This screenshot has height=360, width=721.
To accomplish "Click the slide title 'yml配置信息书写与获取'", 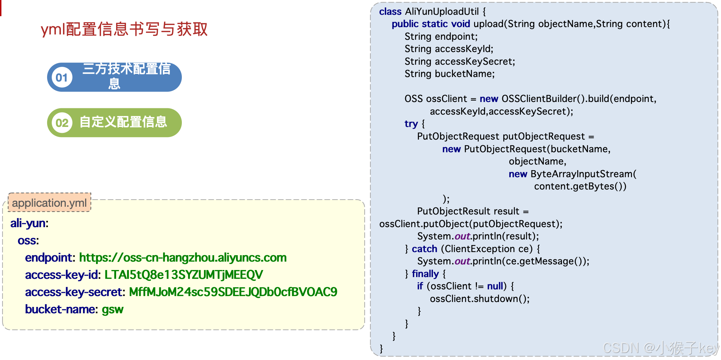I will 124,29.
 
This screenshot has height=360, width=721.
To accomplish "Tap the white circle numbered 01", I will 62,77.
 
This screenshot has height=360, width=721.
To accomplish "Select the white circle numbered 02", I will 62,123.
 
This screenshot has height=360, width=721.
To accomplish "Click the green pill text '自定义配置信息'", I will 123,122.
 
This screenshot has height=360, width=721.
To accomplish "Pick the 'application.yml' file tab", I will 49,203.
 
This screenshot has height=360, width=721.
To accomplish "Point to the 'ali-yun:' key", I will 29,223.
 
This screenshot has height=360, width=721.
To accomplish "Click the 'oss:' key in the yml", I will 28,240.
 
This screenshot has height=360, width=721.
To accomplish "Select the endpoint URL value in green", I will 183,258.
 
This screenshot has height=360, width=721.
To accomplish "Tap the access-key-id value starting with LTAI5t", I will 184,275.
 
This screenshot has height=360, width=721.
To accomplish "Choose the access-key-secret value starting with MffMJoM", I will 233,292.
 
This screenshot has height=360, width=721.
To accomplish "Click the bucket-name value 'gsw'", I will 113,309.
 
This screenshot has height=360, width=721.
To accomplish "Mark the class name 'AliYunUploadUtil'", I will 442,12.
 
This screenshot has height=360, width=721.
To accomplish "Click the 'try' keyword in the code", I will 411,124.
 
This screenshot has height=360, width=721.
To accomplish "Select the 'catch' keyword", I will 425,249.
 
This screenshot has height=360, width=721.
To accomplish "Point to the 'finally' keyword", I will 425,274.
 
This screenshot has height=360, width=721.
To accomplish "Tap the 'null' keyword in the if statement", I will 495,286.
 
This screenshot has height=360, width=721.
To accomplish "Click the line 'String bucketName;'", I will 449,74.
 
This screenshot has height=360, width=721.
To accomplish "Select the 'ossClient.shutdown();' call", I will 480,299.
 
